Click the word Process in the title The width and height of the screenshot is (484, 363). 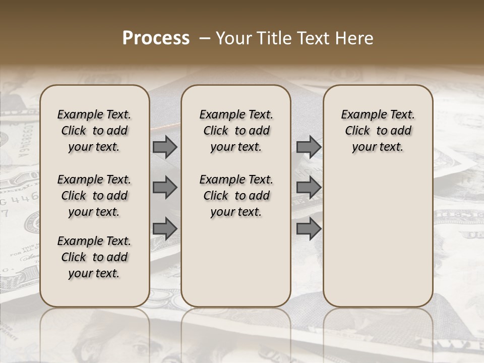tap(156, 38)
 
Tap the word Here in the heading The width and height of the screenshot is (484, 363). tap(353, 38)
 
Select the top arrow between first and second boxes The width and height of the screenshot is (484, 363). tap(165, 147)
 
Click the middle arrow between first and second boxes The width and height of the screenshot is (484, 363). tap(165, 188)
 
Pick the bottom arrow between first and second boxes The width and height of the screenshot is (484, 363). tap(165, 228)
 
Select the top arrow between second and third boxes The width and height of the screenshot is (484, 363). tap(309, 147)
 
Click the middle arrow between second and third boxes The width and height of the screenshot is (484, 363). tap(309, 188)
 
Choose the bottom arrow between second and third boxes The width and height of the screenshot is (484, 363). tap(309, 228)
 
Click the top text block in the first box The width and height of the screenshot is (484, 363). tap(94, 131)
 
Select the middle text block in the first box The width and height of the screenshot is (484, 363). tap(94, 196)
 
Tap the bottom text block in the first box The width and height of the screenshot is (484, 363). tap(94, 257)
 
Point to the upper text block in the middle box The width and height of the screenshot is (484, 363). tap(236, 131)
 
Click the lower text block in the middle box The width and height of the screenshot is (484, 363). tap(236, 196)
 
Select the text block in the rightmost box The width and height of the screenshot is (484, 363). tap(378, 131)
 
